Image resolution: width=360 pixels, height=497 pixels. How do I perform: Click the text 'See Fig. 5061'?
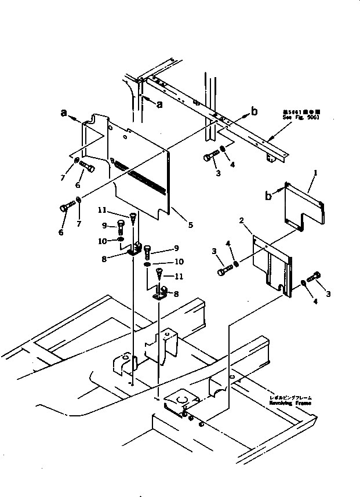pos(301,117)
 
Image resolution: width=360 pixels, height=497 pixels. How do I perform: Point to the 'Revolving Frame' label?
pos(290,403)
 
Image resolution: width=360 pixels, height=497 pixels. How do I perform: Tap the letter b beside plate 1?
pos(269,197)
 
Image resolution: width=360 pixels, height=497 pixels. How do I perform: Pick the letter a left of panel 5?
pos(64,114)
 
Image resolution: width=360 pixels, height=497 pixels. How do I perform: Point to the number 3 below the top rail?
pos(217,173)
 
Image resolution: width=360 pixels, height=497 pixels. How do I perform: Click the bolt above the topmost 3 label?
pos(210,156)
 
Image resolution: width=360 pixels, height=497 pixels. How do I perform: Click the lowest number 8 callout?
pos(176,294)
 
